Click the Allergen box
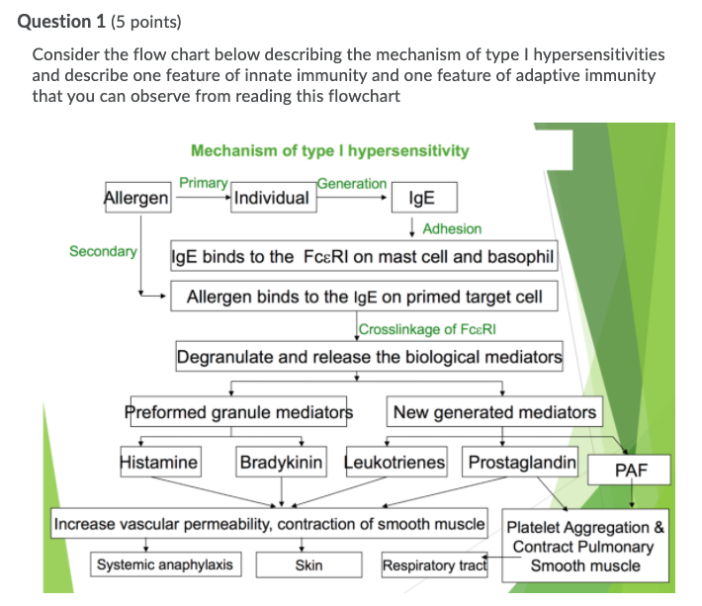tap(136, 198)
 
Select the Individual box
tap(270, 198)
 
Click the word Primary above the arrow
tap(204, 182)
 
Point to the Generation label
tap(352, 183)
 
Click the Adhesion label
tap(452, 228)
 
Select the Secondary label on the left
tap(103, 251)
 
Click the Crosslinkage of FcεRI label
tap(420, 329)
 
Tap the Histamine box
tap(158, 462)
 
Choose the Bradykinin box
tap(282, 462)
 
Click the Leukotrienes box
tap(395, 462)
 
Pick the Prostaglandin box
tap(521, 462)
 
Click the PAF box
tap(630, 471)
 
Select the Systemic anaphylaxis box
tap(165, 564)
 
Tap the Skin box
tap(308, 565)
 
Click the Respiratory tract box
tap(434, 565)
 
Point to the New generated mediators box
tap(494, 412)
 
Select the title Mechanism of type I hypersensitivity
tap(329, 150)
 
